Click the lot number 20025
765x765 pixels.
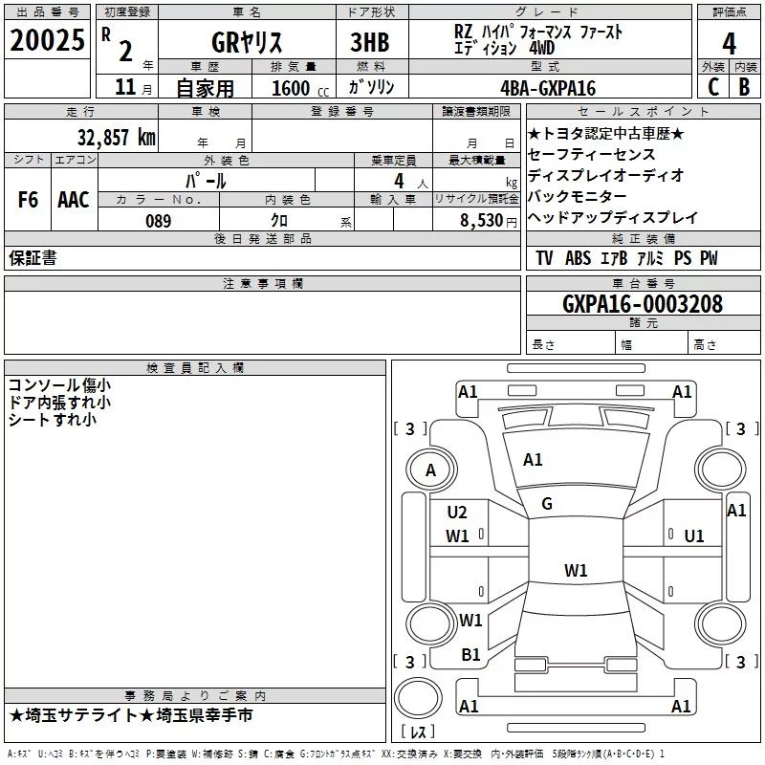point(46,41)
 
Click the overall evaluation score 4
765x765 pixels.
point(730,44)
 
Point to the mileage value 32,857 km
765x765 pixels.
point(114,137)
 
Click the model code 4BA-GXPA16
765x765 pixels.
point(548,89)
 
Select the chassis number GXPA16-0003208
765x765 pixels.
point(643,304)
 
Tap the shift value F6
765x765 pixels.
point(28,200)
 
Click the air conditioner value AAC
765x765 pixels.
point(73,200)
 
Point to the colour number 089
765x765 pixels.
point(158,221)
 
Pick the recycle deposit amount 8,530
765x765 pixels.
point(482,221)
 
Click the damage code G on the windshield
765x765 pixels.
point(547,504)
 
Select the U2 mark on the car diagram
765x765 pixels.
point(457,513)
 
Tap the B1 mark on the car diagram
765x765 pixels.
point(470,655)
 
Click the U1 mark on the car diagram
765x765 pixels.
point(694,536)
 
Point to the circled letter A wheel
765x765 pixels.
point(430,470)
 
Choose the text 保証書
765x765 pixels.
point(33,258)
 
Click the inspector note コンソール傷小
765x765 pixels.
point(58,385)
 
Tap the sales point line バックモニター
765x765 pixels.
point(578,196)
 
